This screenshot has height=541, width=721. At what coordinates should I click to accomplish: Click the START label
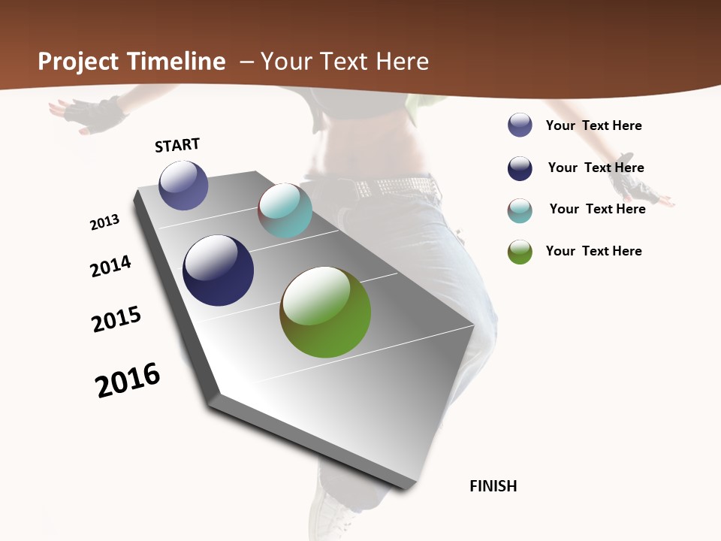pyautogui.click(x=177, y=145)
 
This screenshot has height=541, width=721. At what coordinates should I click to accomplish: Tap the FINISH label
pyautogui.click(x=493, y=486)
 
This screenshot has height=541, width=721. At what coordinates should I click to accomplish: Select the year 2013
pyautogui.click(x=104, y=222)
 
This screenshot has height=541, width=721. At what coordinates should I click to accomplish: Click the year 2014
pyautogui.click(x=110, y=266)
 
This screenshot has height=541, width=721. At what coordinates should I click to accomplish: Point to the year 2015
pyautogui.click(x=116, y=319)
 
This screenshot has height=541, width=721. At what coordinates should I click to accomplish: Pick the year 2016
pyautogui.click(x=128, y=380)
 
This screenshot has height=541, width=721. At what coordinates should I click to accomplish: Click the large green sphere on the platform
pyautogui.click(x=325, y=312)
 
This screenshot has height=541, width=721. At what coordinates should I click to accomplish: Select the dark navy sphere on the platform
pyautogui.click(x=218, y=270)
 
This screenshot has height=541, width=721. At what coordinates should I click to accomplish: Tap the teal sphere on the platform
pyautogui.click(x=285, y=210)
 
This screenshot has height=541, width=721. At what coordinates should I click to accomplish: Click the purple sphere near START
pyautogui.click(x=183, y=185)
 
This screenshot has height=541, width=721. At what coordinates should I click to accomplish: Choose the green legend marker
pyautogui.click(x=520, y=252)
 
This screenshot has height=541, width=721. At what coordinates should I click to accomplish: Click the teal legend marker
pyautogui.click(x=520, y=210)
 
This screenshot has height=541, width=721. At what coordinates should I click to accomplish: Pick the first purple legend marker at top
pyautogui.click(x=520, y=125)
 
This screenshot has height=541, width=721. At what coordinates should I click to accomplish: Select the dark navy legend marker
pyautogui.click(x=520, y=168)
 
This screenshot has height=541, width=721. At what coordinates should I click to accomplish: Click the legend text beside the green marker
pyautogui.click(x=593, y=251)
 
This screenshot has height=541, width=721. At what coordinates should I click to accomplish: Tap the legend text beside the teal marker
pyautogui.click(x=597, y=209)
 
